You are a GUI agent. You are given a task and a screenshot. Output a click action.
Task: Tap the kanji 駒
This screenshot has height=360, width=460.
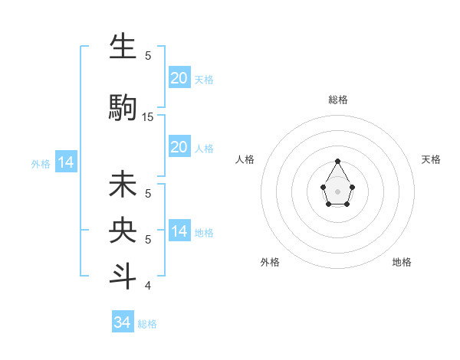pyautogui.click(x=123, y=106)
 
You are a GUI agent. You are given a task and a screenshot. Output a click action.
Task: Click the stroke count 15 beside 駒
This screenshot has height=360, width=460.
pyautogui.click(x=148, y=117)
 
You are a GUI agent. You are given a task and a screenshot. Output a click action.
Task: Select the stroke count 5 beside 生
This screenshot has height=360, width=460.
pyautogui.click(x=148, y=55)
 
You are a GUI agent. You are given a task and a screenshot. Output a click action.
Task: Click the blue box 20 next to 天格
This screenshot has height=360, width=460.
pyautogui.click(x=179, y=77)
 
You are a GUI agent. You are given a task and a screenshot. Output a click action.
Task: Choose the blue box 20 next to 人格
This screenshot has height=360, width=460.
pyautogui.click(x=179, y=147)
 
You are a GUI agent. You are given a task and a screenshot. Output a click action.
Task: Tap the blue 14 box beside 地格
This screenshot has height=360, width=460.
pyautogui.click(x=179, y=231)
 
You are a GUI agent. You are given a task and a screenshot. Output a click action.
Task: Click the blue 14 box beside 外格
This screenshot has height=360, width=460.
pyautogui.click(x=65, y=162)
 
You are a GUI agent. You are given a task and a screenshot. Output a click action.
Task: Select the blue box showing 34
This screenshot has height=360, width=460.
pyautogui.click(x=123, y=322)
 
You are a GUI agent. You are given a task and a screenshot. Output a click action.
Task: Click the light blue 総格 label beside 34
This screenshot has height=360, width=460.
pyautogui.click(x=147, y=324)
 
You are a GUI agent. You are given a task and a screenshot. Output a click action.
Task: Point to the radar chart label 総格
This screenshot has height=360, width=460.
pyautogui.click(x=338, y=100)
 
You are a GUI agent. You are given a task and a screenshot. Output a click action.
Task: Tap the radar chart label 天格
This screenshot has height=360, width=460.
pyautogui.click(x=432, y=159)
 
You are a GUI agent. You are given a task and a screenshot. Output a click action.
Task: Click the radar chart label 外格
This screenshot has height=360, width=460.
pyautogui.click(x=270, y=262)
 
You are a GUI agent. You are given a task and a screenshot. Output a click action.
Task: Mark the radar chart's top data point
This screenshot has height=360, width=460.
pyautogui.click(x=338, y=161)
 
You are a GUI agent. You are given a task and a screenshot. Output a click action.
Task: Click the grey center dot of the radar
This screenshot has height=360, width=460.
pyautogui.click(x=338, y=191)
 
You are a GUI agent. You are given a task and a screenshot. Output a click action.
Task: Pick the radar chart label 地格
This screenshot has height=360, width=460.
pyautogui.click(x=402, y=262)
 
